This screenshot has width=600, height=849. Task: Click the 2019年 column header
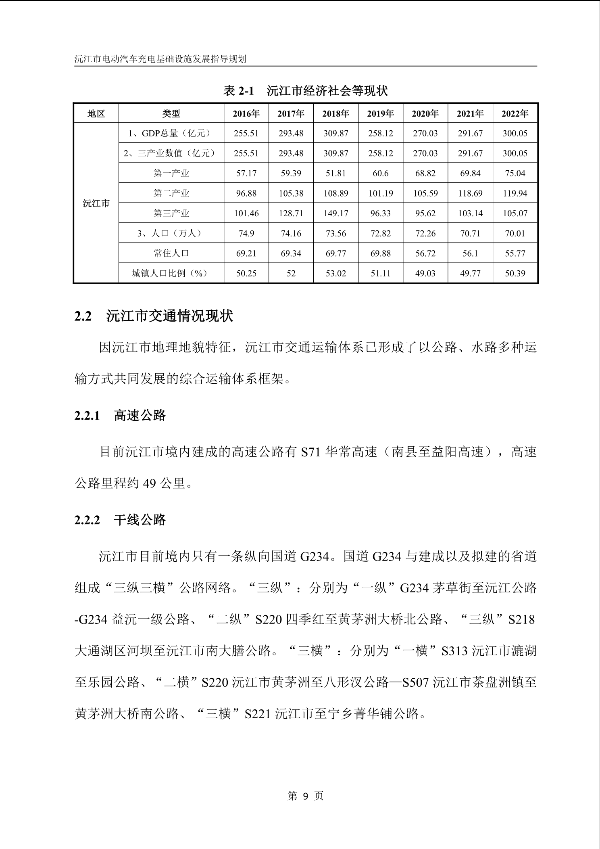pos(380,114)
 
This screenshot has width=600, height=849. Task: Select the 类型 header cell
pos(171,114)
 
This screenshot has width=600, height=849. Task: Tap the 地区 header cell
pos(96,114)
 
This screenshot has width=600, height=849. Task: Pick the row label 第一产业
pos(171,174)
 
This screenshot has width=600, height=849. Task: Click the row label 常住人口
pos(171,253)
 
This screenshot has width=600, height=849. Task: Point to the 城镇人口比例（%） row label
pos(171,274)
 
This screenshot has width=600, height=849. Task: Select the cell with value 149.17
pos(335,213)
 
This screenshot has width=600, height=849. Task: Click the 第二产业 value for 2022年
pos(515,193)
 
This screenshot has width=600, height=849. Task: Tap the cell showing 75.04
pos(515,174)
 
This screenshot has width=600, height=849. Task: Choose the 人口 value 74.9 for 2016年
pos(246,234)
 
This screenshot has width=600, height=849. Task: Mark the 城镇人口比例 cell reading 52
pos(291,274)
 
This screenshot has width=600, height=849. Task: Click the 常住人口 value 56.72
pos(425,253)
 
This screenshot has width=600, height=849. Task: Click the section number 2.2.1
pos(87,416)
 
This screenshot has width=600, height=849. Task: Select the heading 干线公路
pos(140,520)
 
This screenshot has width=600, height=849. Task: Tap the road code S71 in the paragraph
pos(311,452)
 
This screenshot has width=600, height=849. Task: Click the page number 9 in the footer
pos(305,796)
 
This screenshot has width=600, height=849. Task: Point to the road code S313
pos(455,651)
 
